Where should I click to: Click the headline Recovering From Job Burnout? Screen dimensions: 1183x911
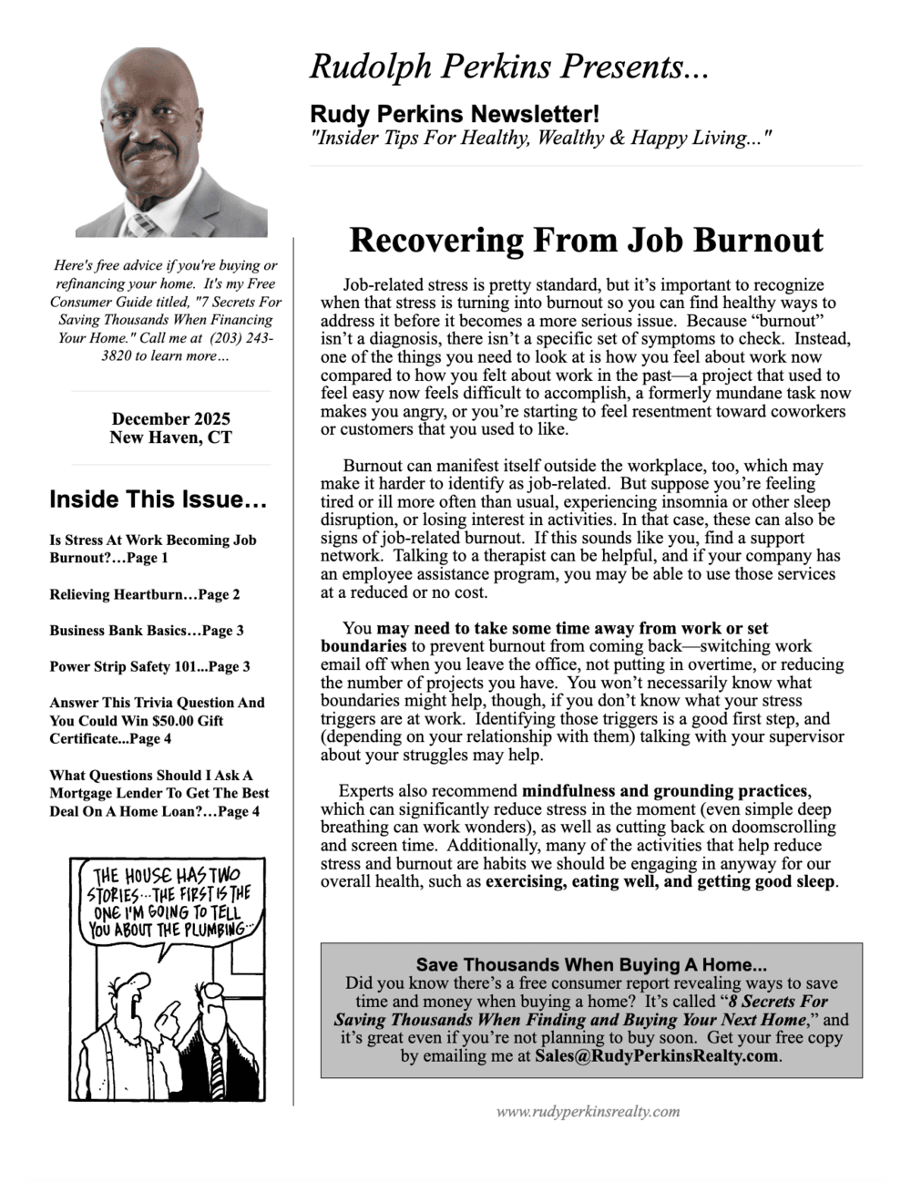tap(586, 241)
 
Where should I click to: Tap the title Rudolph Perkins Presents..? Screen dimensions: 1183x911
tap(508, 67)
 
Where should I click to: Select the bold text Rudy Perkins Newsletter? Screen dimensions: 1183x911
tap(455, 114)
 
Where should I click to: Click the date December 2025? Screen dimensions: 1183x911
tap(171, 419)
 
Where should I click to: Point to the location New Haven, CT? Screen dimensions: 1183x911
tap(171, 437)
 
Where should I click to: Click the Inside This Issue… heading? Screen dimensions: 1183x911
tap(158, 499)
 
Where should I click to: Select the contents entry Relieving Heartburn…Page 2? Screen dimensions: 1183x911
tap(145, 594)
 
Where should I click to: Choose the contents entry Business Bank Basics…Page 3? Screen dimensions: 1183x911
tap(147, 631)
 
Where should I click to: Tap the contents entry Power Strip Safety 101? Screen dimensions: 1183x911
tap(149, 666)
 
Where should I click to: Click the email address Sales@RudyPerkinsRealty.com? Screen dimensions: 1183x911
tap(657, 1056)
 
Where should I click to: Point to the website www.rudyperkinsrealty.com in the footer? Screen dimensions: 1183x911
tap(588, 1111)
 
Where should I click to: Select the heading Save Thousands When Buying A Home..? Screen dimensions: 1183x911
tap(591, 964)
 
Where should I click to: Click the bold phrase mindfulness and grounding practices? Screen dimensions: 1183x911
tap(665, 791)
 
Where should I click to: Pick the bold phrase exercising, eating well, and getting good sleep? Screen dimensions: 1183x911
tap(660, 881)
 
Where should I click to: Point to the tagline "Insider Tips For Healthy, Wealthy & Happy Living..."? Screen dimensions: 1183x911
tap(541, 138)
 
